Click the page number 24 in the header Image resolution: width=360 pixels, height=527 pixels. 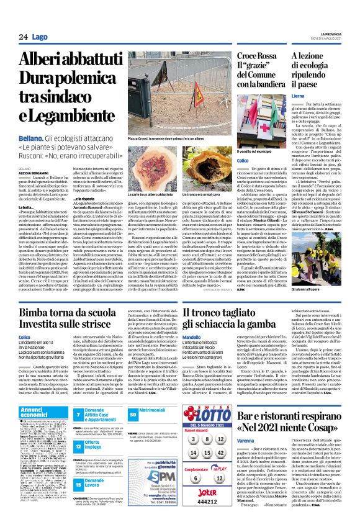[22, 37]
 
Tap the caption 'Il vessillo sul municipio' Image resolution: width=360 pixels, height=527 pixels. [254, 151]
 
